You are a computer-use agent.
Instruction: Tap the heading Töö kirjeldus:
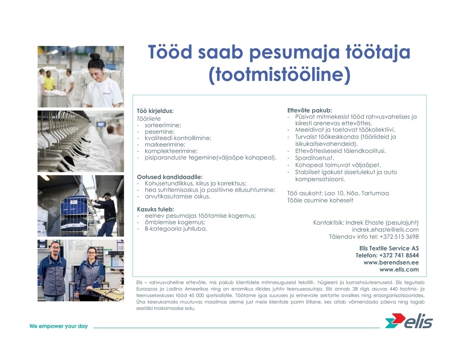click(155, 111)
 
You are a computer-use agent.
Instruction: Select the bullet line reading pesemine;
click(160, 132)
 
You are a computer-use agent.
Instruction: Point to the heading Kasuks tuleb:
click(155, 209)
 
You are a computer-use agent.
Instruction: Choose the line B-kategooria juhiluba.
click(176, 229)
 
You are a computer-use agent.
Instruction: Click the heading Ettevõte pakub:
click(310, 110)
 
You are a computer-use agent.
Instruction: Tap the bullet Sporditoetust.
click(315, 158)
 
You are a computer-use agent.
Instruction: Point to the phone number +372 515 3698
click(399, 237)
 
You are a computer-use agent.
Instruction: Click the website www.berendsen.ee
click(391, 262)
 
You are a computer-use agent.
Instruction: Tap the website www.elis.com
click(399, 269)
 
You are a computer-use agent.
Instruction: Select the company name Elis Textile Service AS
click(389, 248)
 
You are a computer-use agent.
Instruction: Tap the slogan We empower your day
click(59, 326)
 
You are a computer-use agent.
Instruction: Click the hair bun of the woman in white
click(95, 57)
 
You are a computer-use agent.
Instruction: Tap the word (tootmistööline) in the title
click(280, 76)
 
